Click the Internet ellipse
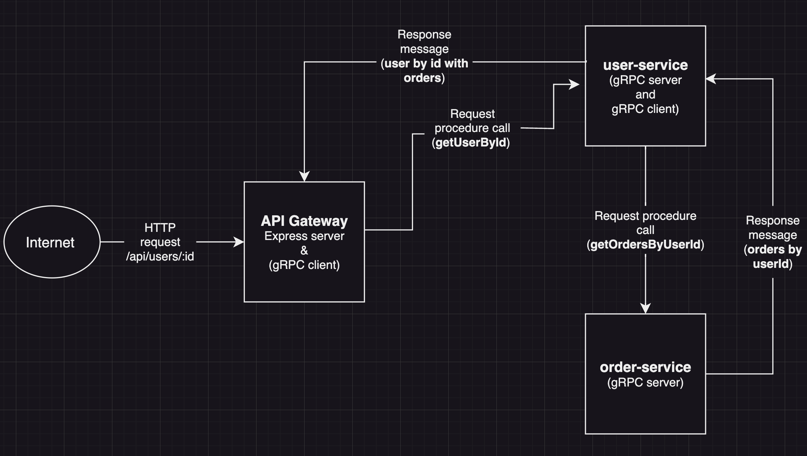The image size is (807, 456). click(x=52, y=242)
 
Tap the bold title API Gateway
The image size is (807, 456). click(x=304, y=221)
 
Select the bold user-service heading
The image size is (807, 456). click(x=645, y=65)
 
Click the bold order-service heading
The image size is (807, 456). click(x=645, y=367)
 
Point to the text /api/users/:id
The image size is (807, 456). click(x=160, y=257)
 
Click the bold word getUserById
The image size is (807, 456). click(x=471, y=143)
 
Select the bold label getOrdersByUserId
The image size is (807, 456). click(x=645, y=245)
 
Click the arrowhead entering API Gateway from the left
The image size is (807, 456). click(x=240, y=242)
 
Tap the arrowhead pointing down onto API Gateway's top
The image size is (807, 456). click(x=304, y=176)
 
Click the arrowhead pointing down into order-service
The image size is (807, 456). click(x=645, y=308)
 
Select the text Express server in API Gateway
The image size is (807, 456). click(x=304, y=236)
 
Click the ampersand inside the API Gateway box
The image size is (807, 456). click(x=304, y=251)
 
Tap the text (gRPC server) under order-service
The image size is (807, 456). click(x=645, y=383)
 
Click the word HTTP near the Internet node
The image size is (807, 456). click(x=160, y=228)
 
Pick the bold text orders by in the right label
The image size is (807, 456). click(x=774, y=250)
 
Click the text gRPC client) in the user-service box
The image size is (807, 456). click(x=645, y=109)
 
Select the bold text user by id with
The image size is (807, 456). click(x=426, y=64)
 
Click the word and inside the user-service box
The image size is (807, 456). click(x=645, y=95)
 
